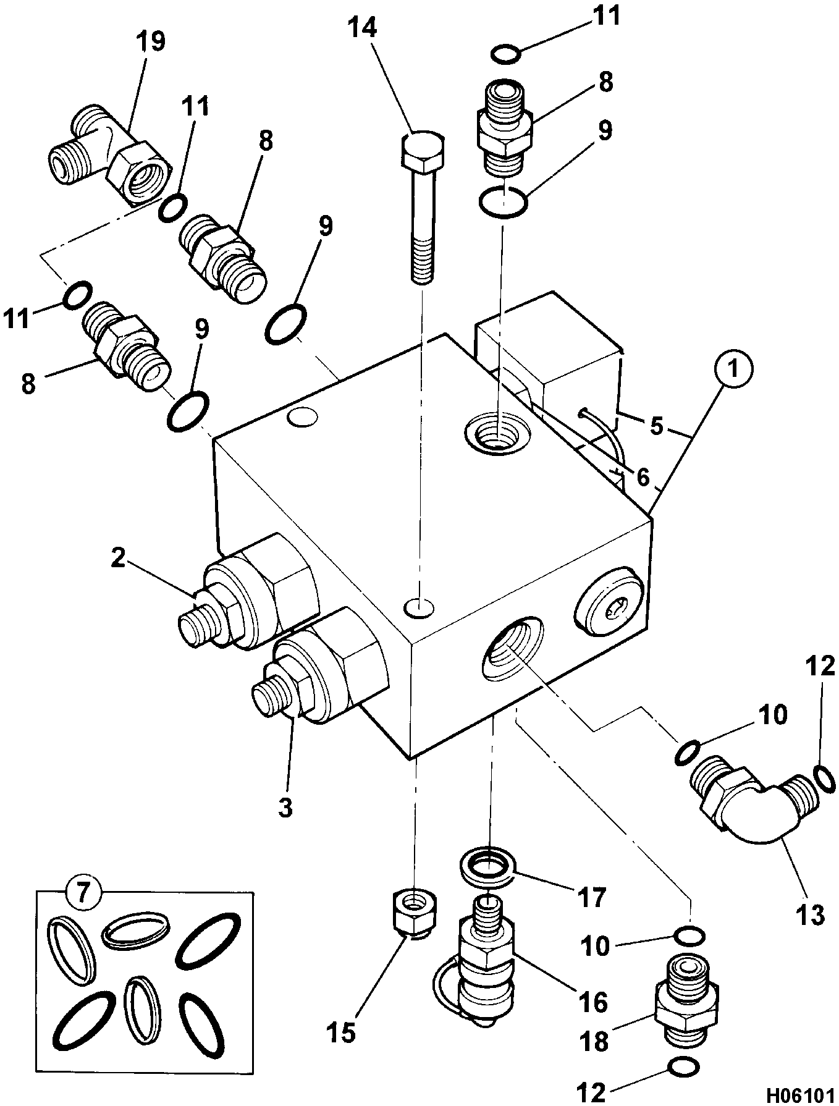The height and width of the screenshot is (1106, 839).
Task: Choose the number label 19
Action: (x=150, y=43)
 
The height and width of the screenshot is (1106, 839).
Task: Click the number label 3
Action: (x=285, y=806)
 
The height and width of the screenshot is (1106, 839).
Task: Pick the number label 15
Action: (x=342, y=1031)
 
